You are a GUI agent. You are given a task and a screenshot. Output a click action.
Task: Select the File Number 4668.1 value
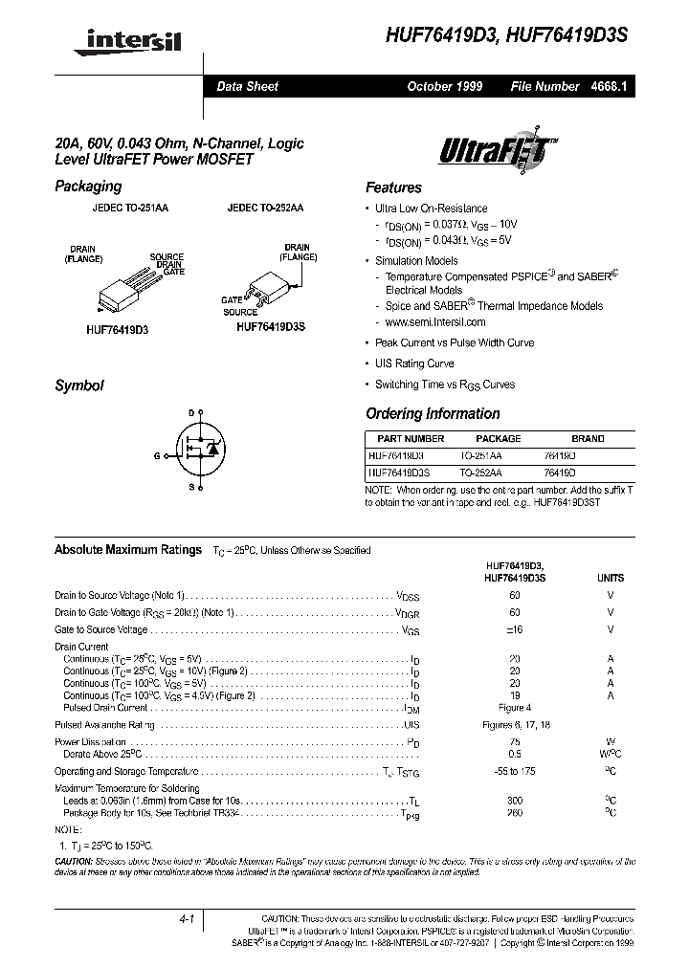pyautogui.click(x=609, y=86)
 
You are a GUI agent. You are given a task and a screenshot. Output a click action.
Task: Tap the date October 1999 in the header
pyautogui.click(x=444, y=86)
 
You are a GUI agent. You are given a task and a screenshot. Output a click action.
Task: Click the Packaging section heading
pyautogui.click(x=88, y=187)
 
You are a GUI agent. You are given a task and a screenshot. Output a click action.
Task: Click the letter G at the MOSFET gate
pyautogui.click(x=156, y=455)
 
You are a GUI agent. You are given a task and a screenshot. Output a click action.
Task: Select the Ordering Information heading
pyautogui.click(x=433, y=414)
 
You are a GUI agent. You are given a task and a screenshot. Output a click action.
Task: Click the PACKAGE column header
pyautogui.click(x=498, y=438)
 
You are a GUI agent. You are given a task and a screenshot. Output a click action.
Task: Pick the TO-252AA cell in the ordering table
pyautogui.click(x=480, y=473)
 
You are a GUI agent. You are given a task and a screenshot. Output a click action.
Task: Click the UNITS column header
pyautogui.click(x=610, y=578)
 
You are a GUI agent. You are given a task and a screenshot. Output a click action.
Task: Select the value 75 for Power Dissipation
pyautogui.click(x=515, y=741)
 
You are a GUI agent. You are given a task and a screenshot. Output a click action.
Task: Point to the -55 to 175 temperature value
pyautogui.click(x=515, y=771)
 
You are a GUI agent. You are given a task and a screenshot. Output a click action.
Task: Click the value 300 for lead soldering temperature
pyautogui.click(x=515, y=800)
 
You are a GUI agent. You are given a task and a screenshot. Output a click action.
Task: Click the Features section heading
pyautogui.click(x=393, y=188)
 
